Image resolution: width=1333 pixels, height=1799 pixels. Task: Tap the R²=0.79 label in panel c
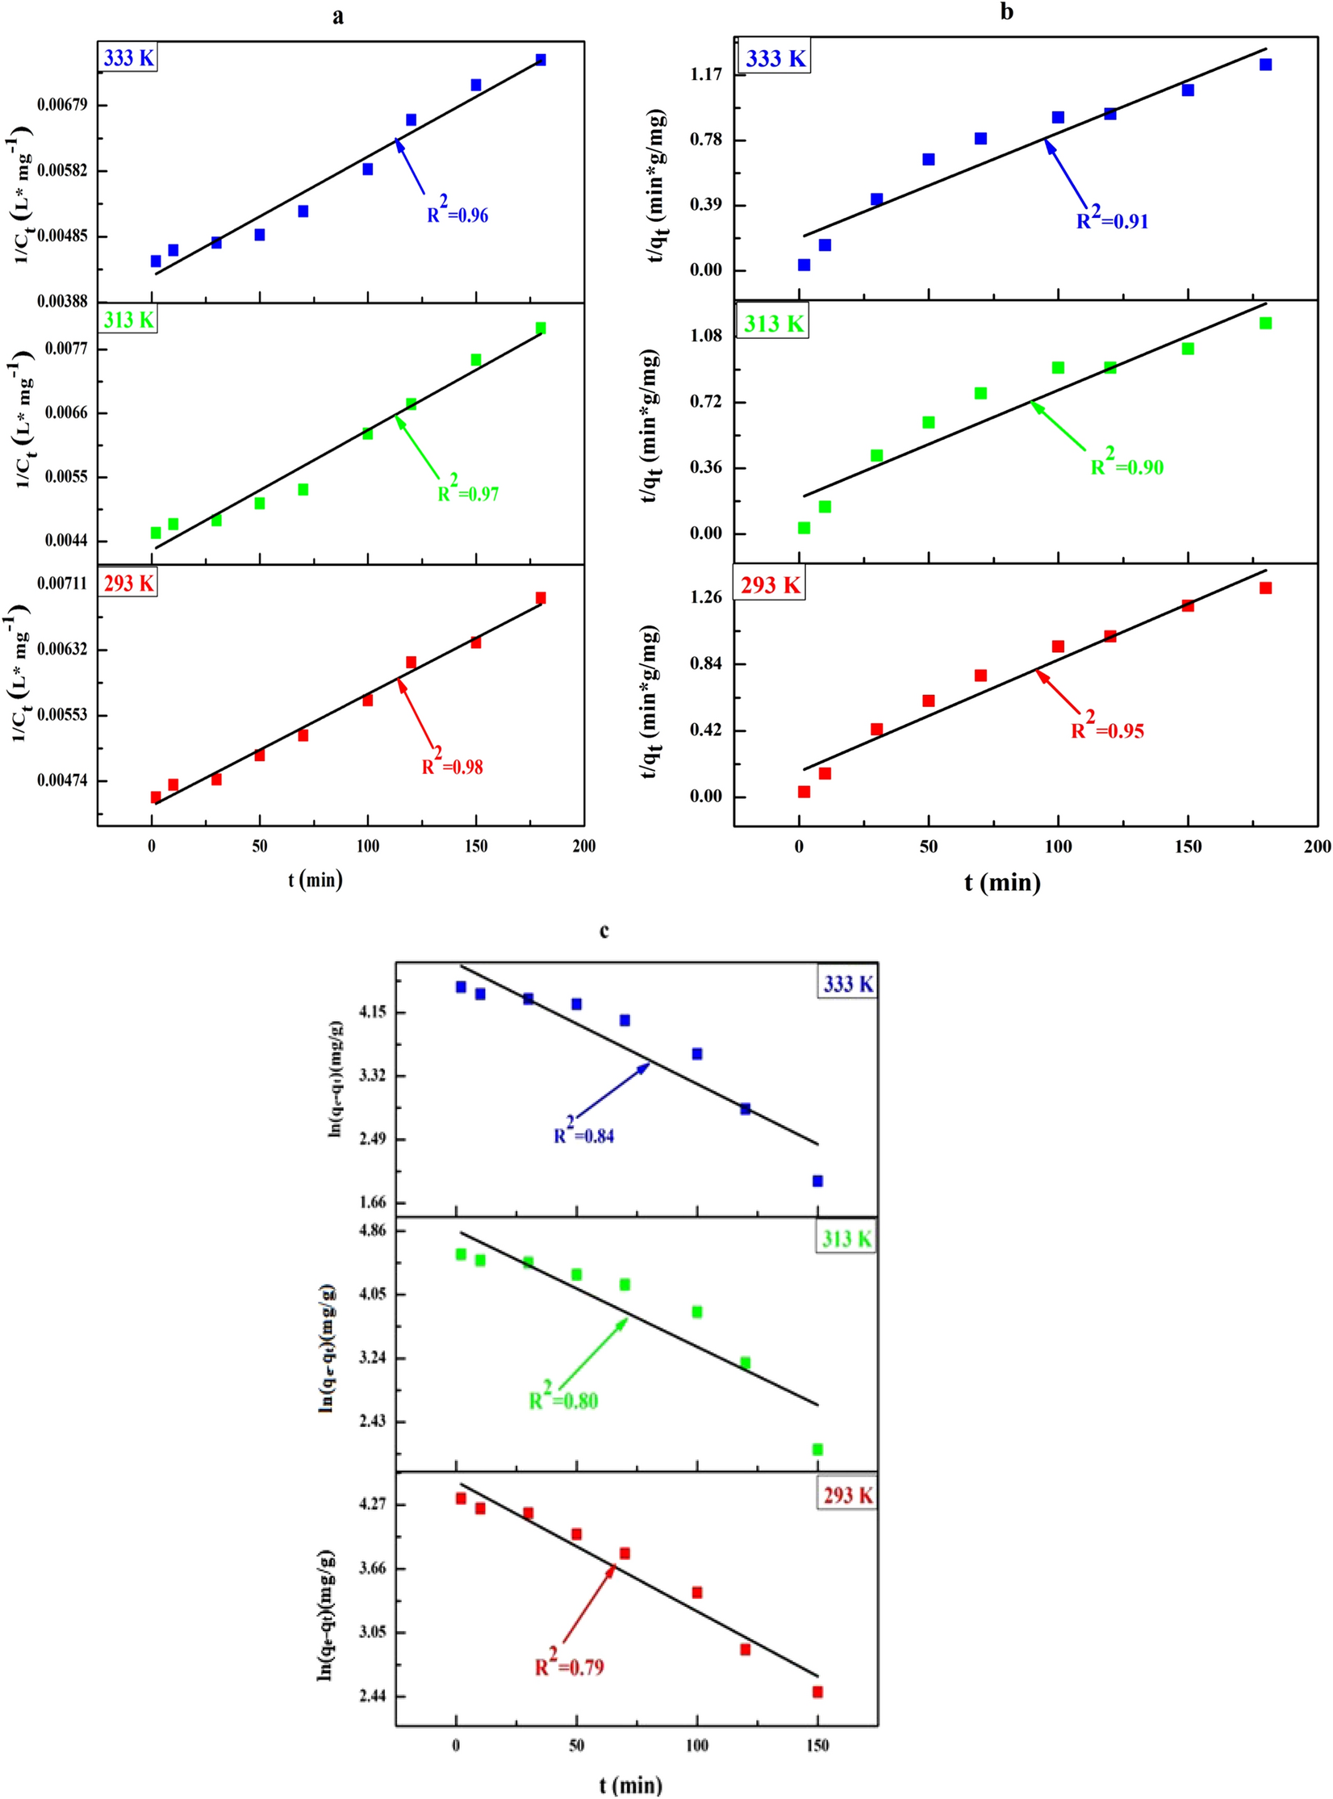(570, 1666)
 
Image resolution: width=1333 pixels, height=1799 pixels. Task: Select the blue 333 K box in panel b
(775, 59)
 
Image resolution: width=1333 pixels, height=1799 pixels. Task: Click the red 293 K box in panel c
(847, 1496)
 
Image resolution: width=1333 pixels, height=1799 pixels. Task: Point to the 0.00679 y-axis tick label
(62, 106)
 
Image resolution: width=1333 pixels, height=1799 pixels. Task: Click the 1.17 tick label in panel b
(706, 74)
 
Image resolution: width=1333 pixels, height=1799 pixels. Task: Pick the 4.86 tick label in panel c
(372, 1231)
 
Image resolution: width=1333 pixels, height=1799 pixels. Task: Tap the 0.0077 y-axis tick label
(67, 349)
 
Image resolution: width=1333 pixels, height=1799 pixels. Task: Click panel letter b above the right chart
(1006, 12)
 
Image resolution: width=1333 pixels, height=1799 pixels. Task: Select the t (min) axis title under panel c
(630, 1784)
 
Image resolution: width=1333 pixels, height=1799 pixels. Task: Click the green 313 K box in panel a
(128, 320)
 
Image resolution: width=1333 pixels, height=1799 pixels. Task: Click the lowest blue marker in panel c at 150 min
(817, 1181)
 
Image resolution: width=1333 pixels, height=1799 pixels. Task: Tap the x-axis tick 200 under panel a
(583, 846)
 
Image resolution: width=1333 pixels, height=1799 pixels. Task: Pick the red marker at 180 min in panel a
(541, 597)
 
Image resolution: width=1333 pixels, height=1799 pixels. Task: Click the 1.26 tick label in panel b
(706, 597)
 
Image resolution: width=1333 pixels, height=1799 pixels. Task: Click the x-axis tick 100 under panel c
(696, 1745)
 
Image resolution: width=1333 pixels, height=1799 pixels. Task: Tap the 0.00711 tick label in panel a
(62, 584)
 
